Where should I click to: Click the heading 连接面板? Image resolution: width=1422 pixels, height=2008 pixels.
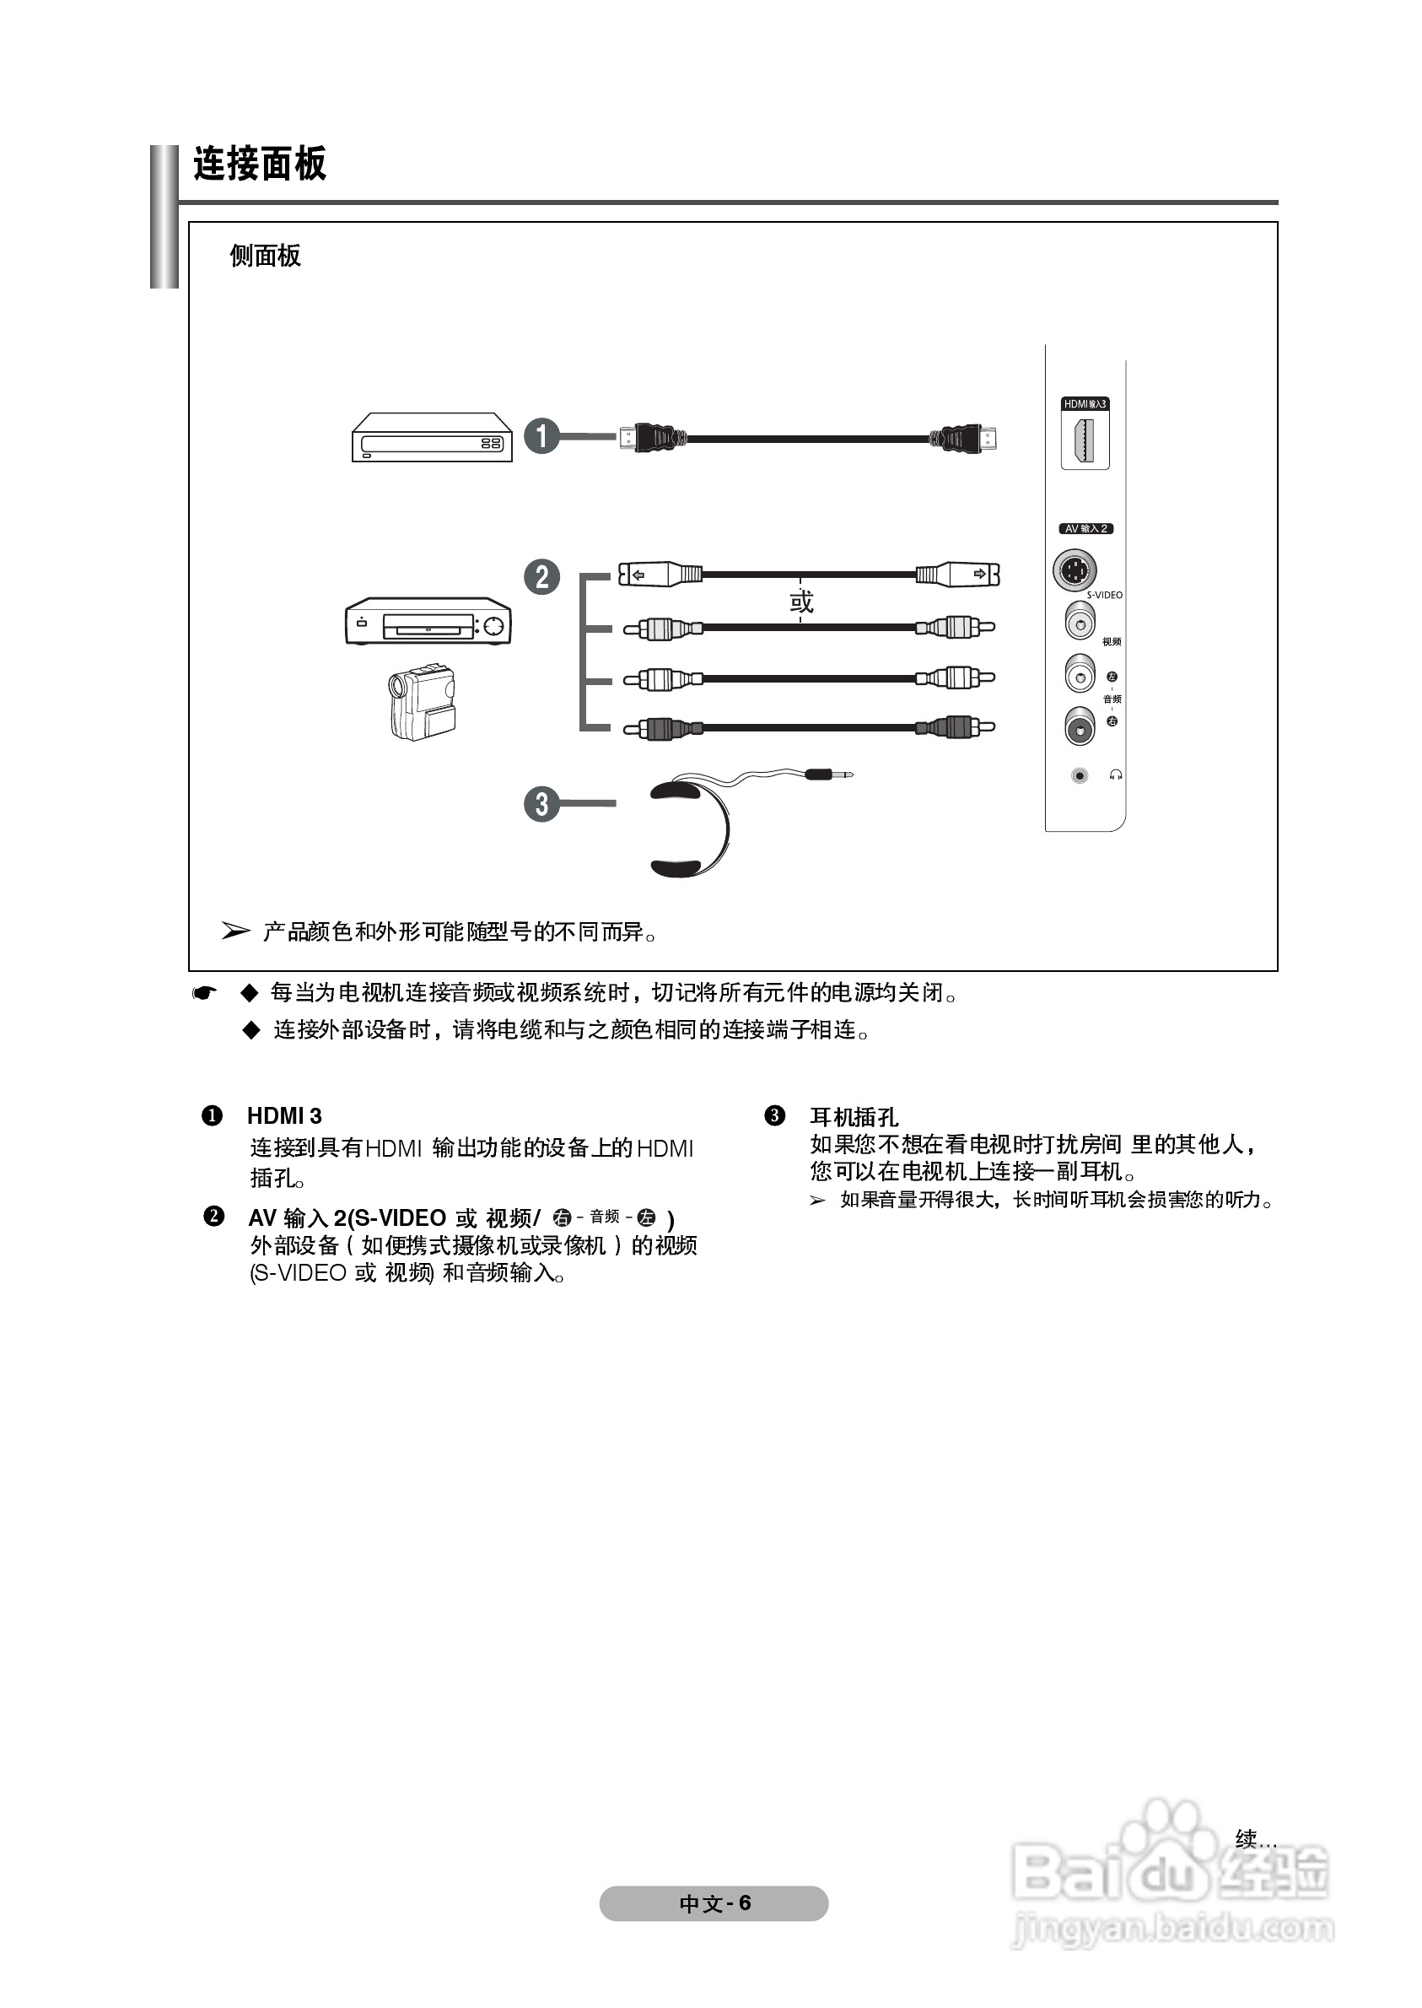click(x=259, y=164)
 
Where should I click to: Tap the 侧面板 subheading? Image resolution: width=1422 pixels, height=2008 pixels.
click(x=265, y=256)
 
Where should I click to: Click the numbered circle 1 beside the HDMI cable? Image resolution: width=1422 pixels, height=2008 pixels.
click(x=541, y=435)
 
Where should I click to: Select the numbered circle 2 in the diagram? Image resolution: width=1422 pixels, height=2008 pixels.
click(x=541, y=577)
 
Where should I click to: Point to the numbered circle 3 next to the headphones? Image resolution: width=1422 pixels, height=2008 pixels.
click(x=541, y=803)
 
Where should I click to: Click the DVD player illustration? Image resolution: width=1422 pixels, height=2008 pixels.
click(x=431, y=437)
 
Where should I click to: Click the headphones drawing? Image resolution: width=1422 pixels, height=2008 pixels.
click(x=689, y=828)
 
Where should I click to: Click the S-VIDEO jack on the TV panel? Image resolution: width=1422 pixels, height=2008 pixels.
click(x=1075, y=571)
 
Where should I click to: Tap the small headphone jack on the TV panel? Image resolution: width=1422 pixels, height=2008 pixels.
click(x=1080, y=776)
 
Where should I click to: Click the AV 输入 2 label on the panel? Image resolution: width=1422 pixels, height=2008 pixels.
click(x=1085, y=529)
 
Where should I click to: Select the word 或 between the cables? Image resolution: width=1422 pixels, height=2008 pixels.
click(x=801, y=602)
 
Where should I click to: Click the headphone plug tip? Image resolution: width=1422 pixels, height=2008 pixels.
click(x=843, y=775)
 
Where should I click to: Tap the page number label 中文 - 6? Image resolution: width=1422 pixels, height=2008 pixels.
click(x=714, y=1903)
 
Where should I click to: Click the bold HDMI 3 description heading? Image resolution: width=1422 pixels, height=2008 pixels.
click(x=284, y=1115)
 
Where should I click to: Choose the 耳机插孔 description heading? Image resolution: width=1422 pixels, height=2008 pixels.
click(x=854, y=1116)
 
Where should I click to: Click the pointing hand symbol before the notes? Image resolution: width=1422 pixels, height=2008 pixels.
click(x=204, y=993)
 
